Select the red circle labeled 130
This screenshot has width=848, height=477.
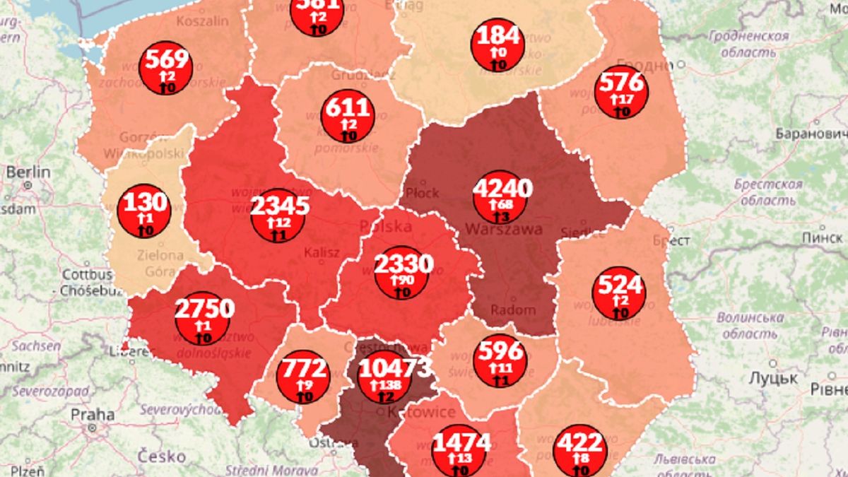[145, 211]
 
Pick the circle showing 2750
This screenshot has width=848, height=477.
[203, 318]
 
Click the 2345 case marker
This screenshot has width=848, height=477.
[278, 215]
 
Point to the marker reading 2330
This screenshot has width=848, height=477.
[402, 273]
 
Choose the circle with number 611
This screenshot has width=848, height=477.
[347, 116]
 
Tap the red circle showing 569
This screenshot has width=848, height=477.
[167, 68]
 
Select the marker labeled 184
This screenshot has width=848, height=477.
[498, 45]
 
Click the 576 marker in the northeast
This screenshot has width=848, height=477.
[621, 92]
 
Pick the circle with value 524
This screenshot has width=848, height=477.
[619, 294]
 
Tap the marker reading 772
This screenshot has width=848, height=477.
[305, 377]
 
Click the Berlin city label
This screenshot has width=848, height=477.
[28, 172]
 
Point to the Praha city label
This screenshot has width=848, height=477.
[92, 415]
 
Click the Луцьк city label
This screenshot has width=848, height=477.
[774, 378]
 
